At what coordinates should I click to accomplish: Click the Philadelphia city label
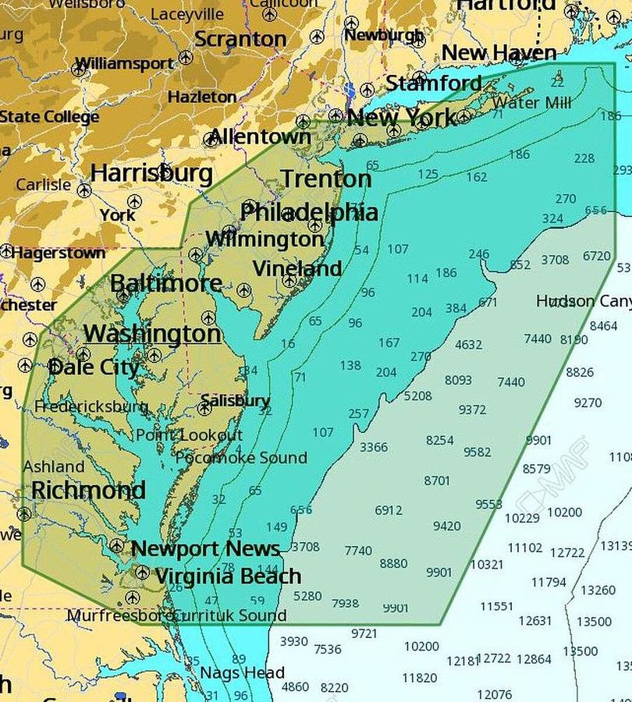pyautogui.click(x=309, y=212)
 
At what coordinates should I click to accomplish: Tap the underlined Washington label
pyautogui.click(x=152, y=334)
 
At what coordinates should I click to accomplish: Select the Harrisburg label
pyautogui.click(x=151, y=173)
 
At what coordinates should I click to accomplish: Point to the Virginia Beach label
pyautogui.click(x=228, y=576)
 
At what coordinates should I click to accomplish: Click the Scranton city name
pyautogui.click(x=240, y=38)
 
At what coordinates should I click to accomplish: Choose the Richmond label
pyautogui.click(x=88, y=491)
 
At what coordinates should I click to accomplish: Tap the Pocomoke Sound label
pyautogui.click(x=240, y=458)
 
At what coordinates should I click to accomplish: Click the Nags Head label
pyautogui.click(x=242, y=672)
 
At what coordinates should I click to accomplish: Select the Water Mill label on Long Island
pyautogui.click(x=532, y=102)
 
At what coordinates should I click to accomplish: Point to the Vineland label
pyautogui.click(x=297, y=269)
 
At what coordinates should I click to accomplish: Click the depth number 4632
pyautogui.click(x=468, y=344)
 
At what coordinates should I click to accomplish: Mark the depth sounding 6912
pyautogui.click(x=389, y=510)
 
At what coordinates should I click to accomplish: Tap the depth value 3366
pyautogui.click(x=373, y=447)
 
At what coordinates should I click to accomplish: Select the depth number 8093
pyautogui.click(x=458, y=380)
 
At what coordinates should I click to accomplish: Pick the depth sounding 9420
pyautogui.click(x=446, y=526)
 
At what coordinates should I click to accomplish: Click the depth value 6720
pyautogui.click(x=596, y=256)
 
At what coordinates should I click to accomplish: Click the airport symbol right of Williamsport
pyautogui.click(x=186, y=58)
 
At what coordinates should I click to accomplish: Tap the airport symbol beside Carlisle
pyautogui.click(x=84, y=190)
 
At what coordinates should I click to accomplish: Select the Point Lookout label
pyautogui.click(x=190, y=435)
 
